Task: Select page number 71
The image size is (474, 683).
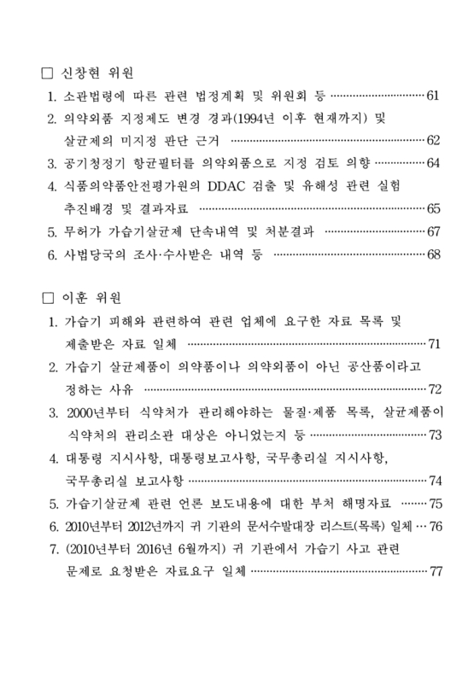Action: click(434, 343)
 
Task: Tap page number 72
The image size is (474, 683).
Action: click(434, 389)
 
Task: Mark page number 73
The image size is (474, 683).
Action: click(434, 435)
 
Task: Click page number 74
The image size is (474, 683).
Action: click(434, 480)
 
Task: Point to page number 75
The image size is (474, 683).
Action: click(434, 503)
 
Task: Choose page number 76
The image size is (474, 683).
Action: click(434, 525)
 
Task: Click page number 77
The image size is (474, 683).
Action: click(434, 570)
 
